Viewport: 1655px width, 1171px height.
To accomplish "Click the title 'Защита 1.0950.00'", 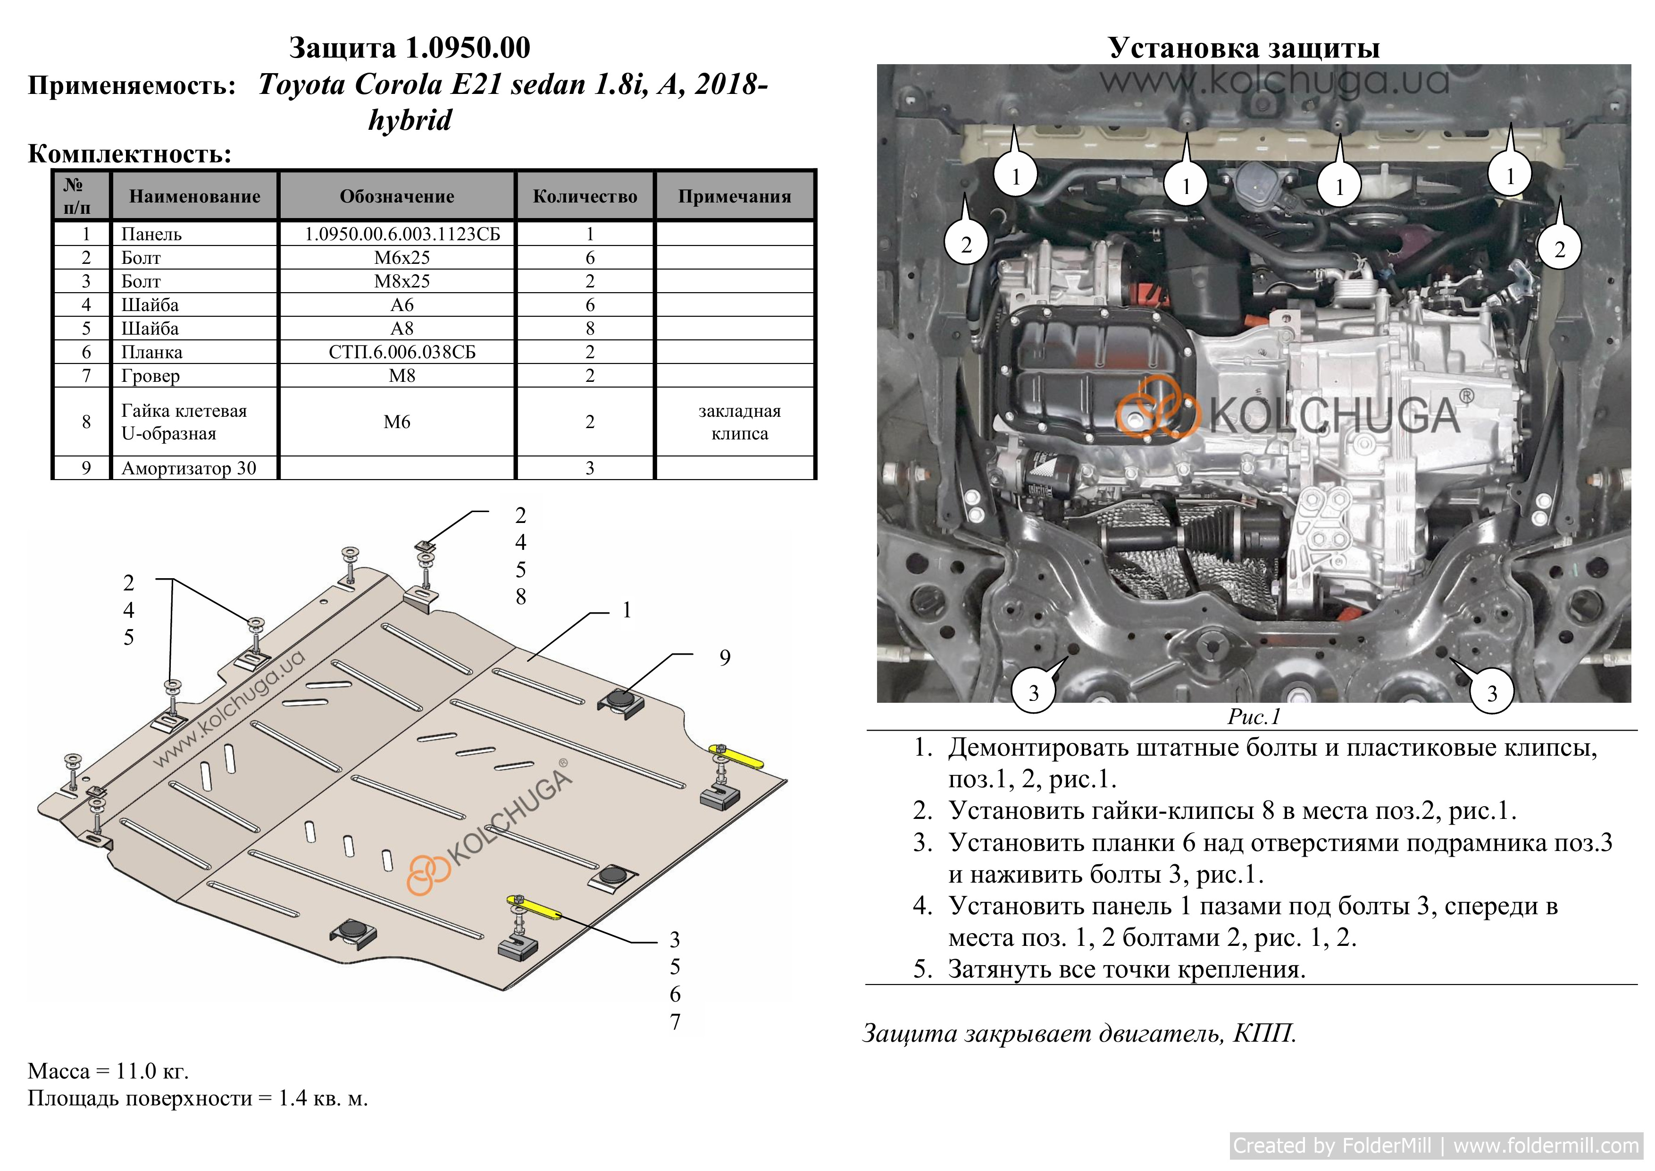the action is (410, 48).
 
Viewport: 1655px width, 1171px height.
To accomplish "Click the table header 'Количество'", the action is (585, 196).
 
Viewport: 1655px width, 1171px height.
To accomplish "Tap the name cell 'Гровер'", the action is (150, 376).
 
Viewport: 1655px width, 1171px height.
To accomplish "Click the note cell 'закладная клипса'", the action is (739, 422).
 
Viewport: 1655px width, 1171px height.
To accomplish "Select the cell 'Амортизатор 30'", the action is (189, 468).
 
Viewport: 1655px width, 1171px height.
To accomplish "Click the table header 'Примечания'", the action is (735, 196).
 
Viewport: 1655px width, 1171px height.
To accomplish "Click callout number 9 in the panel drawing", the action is (725, 657).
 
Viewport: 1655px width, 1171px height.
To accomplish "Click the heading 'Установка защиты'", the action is (1244, 48).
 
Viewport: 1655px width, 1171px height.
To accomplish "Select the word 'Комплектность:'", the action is (130, 153).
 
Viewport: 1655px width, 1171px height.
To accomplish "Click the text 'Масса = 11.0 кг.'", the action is (108, 1071).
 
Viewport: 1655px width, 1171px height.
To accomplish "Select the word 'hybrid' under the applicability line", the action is (410, 120).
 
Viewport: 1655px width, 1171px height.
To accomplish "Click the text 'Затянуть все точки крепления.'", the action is (1127, 969).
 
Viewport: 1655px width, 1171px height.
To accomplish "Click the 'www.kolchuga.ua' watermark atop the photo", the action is (1274, 81).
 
